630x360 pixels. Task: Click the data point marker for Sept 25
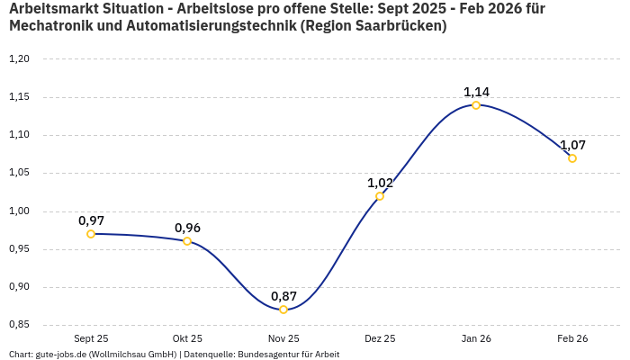(x=91, y=234)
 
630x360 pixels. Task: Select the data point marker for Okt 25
(x=187, y=241)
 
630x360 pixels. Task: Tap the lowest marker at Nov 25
(x=283, y=310)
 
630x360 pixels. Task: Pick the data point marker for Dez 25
(x=380, y=196)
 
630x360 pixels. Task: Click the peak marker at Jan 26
(x=476, y=105)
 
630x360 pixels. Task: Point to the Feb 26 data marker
(x=572, y=158)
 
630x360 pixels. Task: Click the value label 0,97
(x=91, y=220)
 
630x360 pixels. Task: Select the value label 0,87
(x=283, y=296)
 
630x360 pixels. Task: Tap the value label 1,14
(x=476, y=92)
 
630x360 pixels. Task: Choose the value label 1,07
(x=572, y=145)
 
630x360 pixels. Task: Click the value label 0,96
(x=187, y=228)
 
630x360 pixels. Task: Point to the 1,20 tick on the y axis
(x=19, y=59)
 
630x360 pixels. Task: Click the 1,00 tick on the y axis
(x=19, y=211)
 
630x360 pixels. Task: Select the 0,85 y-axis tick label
(x=19, y=325)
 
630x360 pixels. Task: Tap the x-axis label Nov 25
(x=283, y=338)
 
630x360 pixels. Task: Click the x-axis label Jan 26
(x=476, y=338)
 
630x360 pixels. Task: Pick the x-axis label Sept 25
(x=91, y=338)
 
